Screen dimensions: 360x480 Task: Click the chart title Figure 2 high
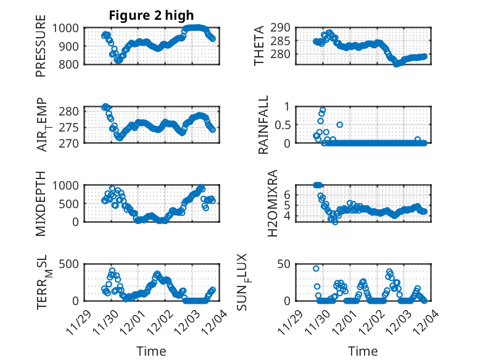(151, 15)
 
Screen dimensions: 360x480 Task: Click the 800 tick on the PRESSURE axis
(69, 64)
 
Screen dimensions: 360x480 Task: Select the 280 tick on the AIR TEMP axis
(69, 111)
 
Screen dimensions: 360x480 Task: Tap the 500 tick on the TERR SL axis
(69, 264)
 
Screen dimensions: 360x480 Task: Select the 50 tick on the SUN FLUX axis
(283, 264)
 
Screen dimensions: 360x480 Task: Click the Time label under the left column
(151, 351)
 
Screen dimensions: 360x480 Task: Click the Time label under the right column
(363, 351)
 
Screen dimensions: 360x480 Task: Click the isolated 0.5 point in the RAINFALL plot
(339, 125)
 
